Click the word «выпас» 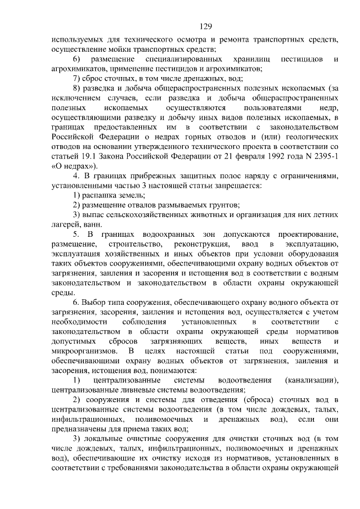[x=94, y=215]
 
